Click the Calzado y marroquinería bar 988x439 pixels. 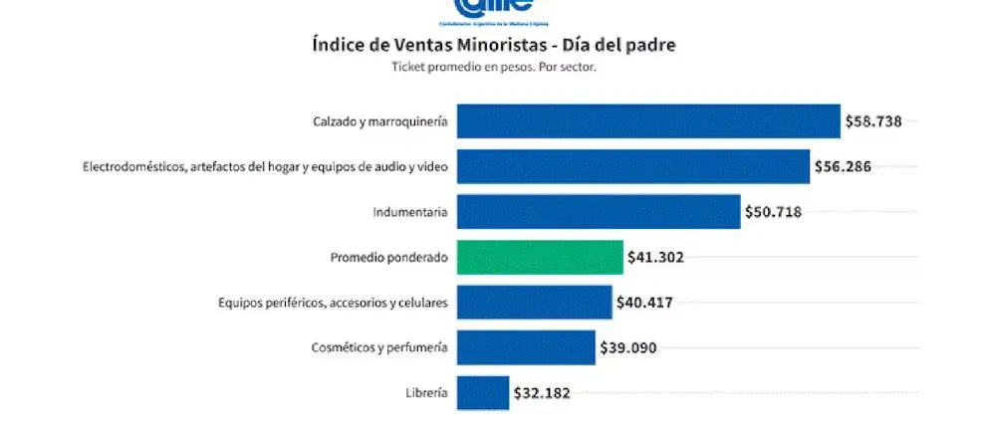pyautogui.click(x=648, y=121)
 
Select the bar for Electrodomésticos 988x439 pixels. pyautogui.click(x=632, y=166)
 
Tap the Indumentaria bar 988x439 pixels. pyautogui.click(x=599, y=211)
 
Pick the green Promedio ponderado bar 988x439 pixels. pyautogui.click(x=540, y=257)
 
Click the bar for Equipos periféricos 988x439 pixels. pyautogui.click(x=534, y=302)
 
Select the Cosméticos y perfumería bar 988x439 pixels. pyautogui.click(x=527, y=347)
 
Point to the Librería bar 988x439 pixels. pyautogui.click(x=483, y=392)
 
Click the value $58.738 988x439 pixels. pyautogui.click(x=873, y=121)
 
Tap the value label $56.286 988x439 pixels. pyautogui.click(x=843, y=166)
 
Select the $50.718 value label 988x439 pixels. pyautogui.click(x=773, y=211)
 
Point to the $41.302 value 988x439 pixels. pyautogui.click(x=655, y=257)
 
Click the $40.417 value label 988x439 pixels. pyautogui.click(x=644, y=302)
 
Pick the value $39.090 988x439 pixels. pyautogui.click(x=628, y=347)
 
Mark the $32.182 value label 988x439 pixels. pyautogui.click(x=542, y=393)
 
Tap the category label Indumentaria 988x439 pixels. pyautogui.click(x=409, y=211)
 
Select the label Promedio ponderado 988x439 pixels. pyautogui.click(x=388, y=257)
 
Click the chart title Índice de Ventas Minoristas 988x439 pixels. pyautogui.click(x=494, y=46)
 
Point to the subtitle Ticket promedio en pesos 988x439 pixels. pyautogui.click(x=494, y=68)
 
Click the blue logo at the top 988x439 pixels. pyautogui.click(x=494, y=10)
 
